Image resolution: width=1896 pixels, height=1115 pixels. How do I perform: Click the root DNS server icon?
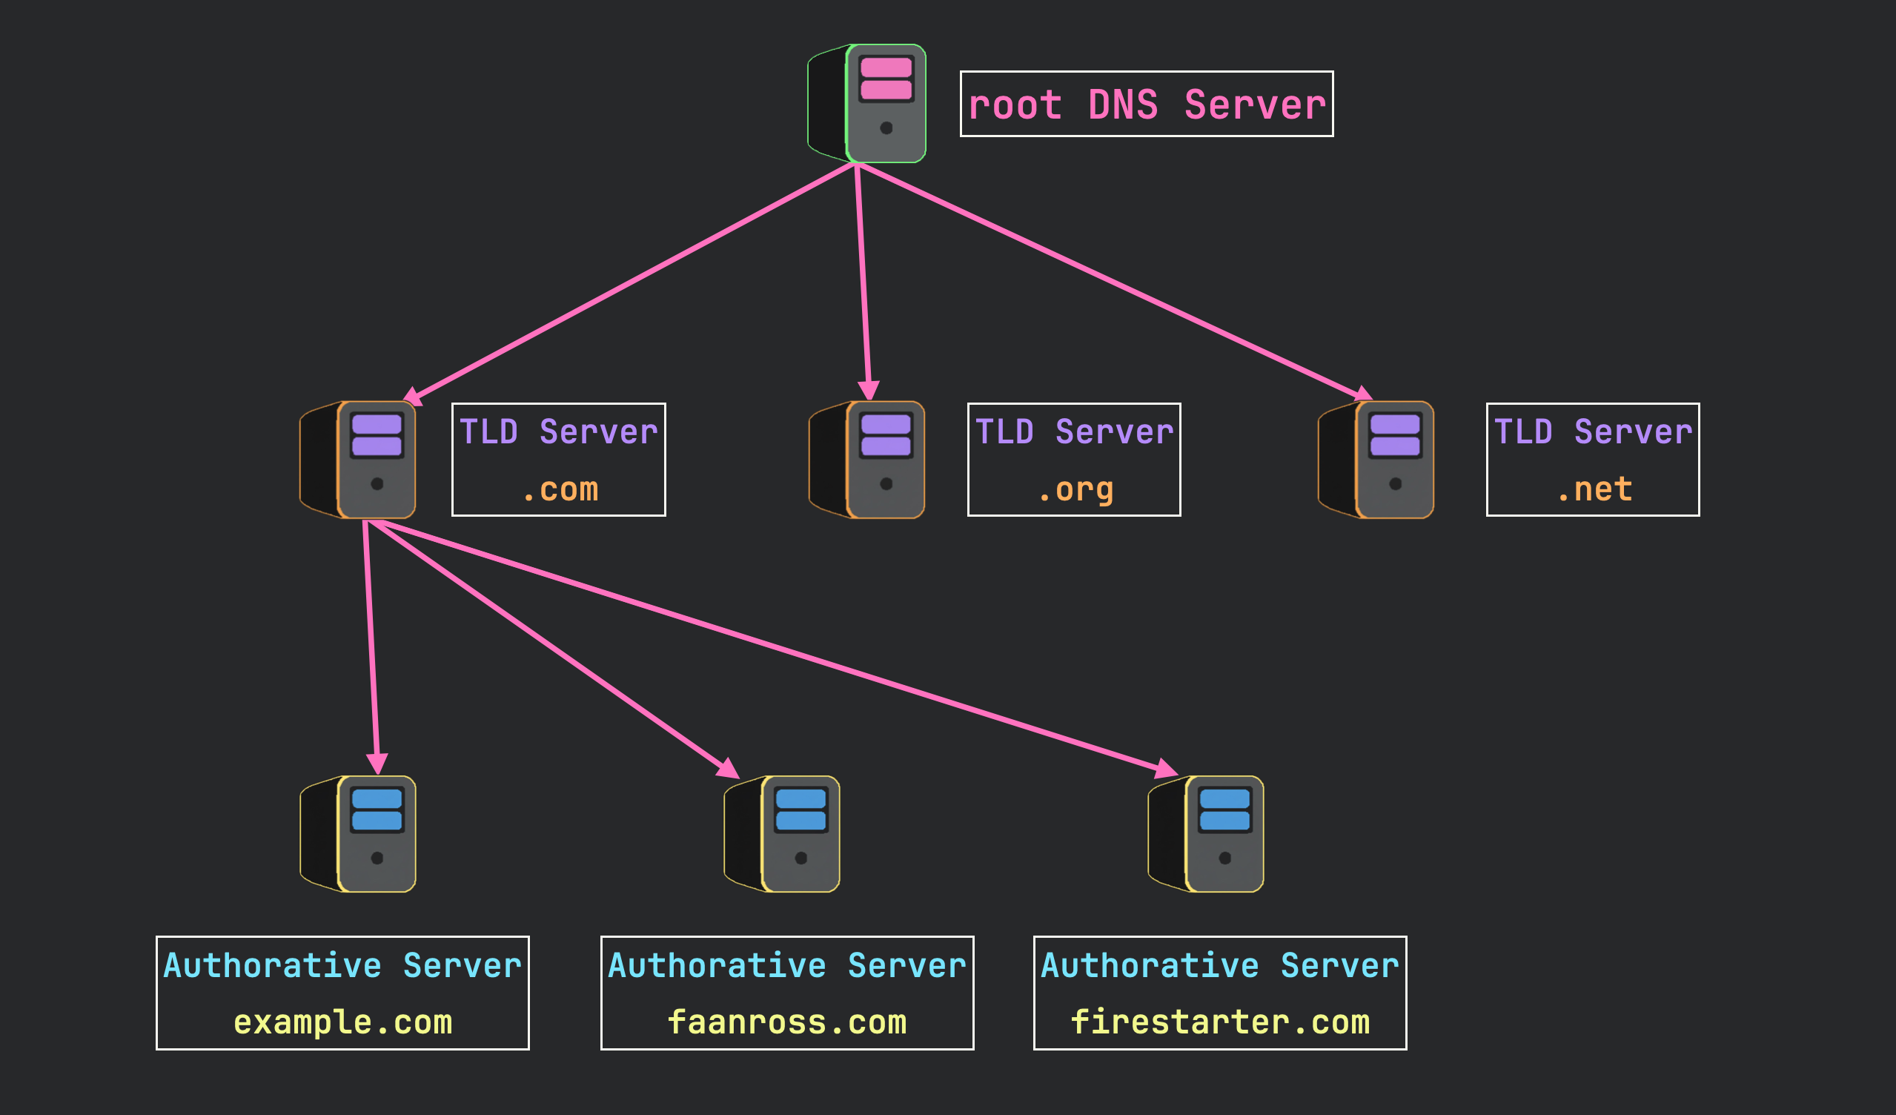[x=872, y=104]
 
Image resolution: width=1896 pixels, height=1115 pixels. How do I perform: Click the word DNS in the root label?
[x=1122, y=105]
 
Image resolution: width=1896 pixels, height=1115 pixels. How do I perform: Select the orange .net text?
[x=1593, y=490]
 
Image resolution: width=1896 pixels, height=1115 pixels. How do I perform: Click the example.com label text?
[x=343, y=1022]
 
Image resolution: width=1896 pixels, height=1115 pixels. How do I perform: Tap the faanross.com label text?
[x=787, y=1022]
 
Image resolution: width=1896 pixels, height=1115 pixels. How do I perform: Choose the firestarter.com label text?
[x=1219, y=1022]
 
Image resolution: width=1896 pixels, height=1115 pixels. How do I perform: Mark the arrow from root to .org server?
[x=863, y=278]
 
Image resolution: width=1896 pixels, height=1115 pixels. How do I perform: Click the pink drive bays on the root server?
[x=886, y=79]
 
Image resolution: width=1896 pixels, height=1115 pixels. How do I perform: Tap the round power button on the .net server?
[x=1395, y=484]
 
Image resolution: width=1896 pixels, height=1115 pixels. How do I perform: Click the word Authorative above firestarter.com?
[x=1149, y=965]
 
